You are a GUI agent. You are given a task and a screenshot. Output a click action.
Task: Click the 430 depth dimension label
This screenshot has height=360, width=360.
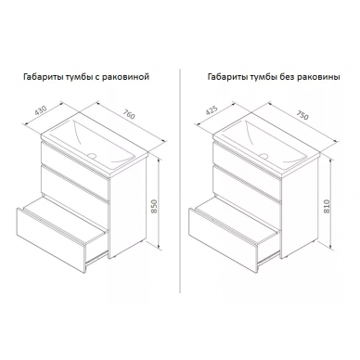click(x=41, y=111)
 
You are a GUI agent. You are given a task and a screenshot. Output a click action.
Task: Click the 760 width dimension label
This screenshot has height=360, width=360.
click(x=129, y=114)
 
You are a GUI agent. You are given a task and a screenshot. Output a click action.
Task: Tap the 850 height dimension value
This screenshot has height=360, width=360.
click(x=155, y=205)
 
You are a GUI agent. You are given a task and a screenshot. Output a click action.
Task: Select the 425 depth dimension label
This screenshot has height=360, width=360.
click(x=212, y=111)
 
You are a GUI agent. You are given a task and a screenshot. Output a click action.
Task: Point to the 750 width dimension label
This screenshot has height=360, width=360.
click(x=302, y=115)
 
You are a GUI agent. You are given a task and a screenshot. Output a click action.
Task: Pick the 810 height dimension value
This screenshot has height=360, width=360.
click(x=328, y=205)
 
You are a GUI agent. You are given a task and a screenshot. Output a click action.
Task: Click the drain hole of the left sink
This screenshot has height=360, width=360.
click(x=92, y=155)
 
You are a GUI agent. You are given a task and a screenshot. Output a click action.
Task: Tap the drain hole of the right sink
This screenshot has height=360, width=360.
click(x=264, y=155)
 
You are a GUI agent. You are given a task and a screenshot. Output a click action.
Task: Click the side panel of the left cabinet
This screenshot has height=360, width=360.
click(x=127, y=207)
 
